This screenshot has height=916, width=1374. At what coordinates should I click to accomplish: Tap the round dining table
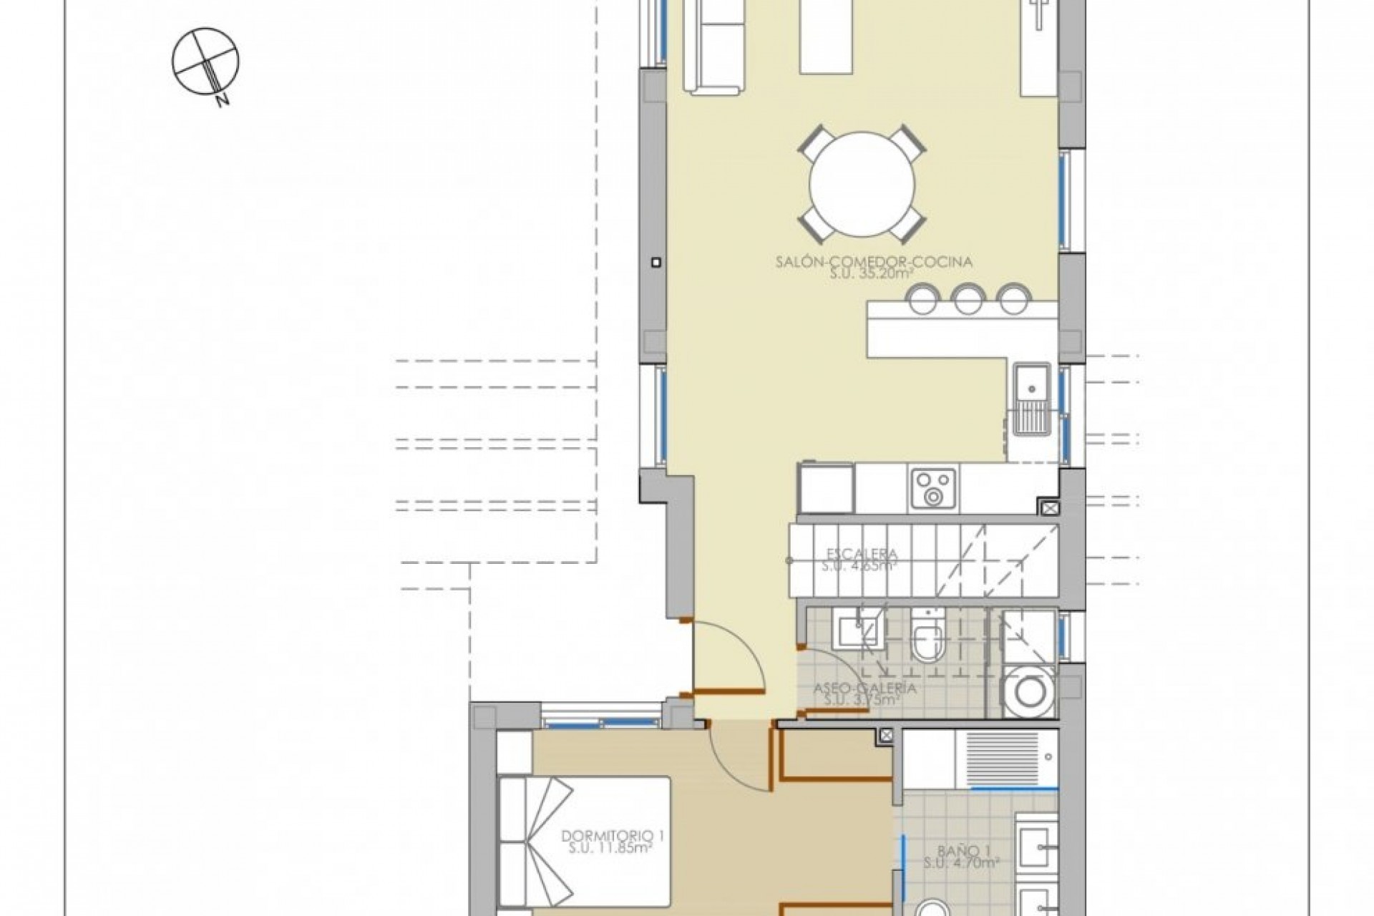point(862,185)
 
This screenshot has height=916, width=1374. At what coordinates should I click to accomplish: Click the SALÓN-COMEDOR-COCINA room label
point(874,262)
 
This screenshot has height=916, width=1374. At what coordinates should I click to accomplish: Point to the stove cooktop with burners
point(933,488)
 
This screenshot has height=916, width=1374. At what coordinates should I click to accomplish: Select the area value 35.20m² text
point(874,273)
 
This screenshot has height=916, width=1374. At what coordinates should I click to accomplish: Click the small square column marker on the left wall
point(655,263)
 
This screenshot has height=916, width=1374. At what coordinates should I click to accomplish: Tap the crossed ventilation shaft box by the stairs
point(1048,509)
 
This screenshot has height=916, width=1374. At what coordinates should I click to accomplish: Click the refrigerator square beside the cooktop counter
point(827,488)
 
